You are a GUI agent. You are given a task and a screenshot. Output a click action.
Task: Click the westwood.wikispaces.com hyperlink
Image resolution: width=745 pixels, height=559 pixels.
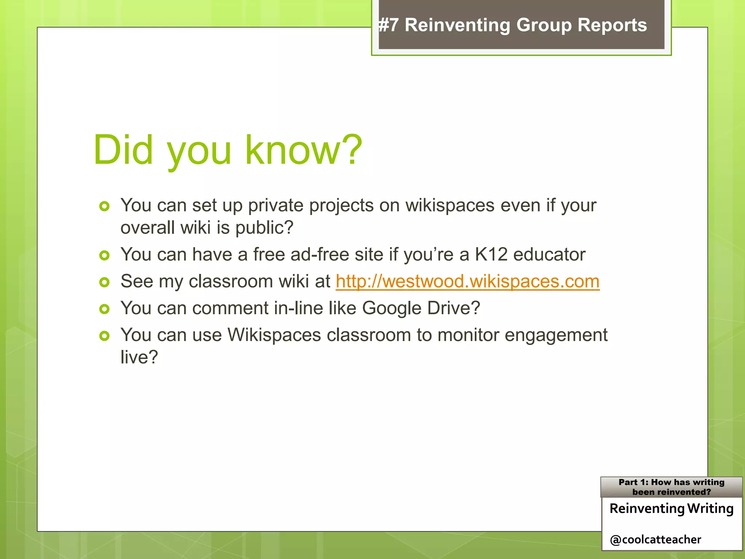coord(467,281)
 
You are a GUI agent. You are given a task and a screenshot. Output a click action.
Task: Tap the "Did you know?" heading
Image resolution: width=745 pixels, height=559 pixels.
coord(228,150)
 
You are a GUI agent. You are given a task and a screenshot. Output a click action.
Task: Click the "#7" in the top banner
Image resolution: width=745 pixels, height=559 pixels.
coord(389,25)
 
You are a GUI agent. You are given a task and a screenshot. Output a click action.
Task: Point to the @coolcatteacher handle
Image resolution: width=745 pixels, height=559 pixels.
coord(656,539)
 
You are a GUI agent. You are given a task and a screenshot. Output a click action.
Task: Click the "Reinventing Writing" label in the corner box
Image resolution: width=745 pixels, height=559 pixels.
coord(672,508)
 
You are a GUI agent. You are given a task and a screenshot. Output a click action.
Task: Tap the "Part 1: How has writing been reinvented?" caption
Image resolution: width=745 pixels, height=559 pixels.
coord(672,487)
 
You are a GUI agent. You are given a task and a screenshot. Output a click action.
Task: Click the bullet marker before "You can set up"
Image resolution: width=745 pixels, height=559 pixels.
coord(104,206)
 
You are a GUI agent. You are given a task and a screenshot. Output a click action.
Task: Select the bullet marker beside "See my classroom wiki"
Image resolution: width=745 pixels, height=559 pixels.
coord(104,282)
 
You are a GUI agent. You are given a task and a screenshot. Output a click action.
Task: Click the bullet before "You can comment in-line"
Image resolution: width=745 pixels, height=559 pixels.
coord(104,309)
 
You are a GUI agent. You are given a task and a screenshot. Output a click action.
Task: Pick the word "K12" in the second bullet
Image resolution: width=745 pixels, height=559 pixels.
coord(491,254)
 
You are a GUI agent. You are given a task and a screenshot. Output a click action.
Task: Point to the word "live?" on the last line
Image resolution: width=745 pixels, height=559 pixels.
coord(139,357)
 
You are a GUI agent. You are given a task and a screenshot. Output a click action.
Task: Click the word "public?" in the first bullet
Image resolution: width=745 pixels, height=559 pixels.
coord(264,228)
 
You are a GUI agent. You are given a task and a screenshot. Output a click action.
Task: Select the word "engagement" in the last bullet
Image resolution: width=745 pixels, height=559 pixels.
coord(556,335)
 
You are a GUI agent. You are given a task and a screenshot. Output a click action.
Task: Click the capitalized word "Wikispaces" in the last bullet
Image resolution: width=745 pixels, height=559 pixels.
coord(274,335)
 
